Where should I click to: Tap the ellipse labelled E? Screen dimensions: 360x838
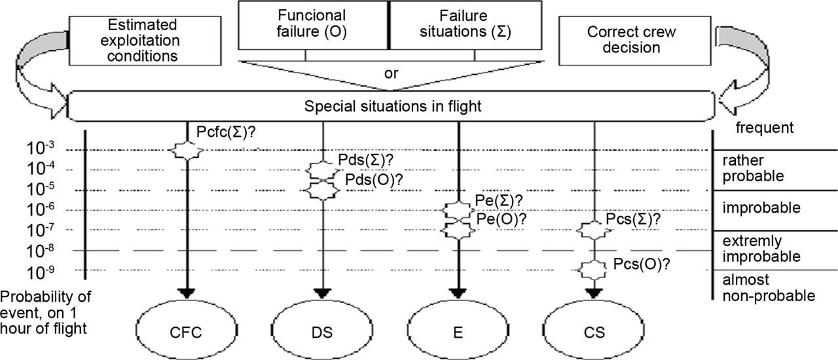(458, 332)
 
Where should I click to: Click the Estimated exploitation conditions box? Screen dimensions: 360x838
(142, 41)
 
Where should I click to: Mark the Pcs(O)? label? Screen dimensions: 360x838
(642, 264)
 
